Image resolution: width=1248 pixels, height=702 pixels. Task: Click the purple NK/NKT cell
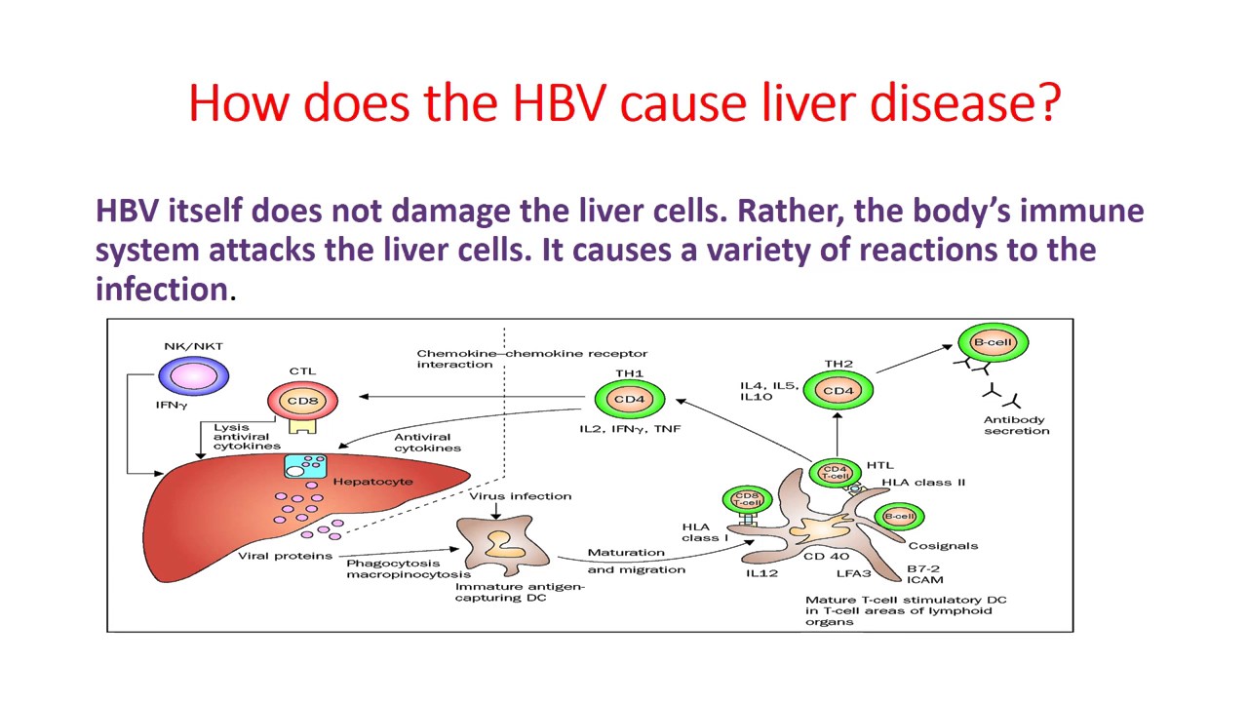pos(193,375)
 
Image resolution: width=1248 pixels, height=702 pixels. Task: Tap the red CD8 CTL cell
pos(302,400)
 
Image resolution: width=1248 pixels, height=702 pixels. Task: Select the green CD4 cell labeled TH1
pos(629,399)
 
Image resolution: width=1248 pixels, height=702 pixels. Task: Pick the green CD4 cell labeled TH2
pos(838,391)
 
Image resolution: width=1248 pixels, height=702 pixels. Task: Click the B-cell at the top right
pos(993,343)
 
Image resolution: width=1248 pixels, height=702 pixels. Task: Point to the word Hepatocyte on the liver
pos(372,482)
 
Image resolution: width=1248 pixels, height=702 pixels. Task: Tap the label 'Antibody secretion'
pos(1016,425)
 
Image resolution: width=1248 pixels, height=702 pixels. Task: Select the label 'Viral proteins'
pos(285,556)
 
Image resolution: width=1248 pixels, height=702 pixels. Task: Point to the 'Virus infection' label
pos(520,496)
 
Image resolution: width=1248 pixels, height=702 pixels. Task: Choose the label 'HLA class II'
pos(923,483)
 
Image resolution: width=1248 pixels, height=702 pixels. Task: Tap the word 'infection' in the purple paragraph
pos(162,289)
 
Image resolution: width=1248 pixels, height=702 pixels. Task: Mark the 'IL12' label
pos(761,573)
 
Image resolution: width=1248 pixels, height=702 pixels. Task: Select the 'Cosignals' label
pos(943,546)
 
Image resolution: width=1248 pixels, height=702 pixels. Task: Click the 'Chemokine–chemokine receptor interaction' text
pos(531,359)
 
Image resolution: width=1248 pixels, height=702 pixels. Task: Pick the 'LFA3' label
pos(853,573)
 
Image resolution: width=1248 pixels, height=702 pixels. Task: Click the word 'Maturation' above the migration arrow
pos(626,553)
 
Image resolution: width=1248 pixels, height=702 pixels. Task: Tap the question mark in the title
pos(1048,102)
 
